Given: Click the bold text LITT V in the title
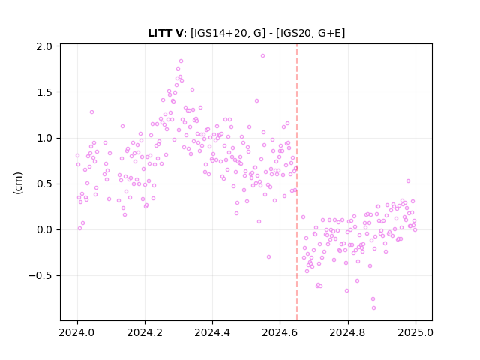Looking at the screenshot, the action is coord(165,33).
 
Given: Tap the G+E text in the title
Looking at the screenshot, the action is coord(329,33).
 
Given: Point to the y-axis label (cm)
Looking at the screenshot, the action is coord(18,183).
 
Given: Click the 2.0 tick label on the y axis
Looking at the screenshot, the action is coord(44,46).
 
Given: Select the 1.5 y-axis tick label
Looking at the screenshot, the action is coord(44,92).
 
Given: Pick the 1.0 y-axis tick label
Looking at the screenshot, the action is coord(44,138).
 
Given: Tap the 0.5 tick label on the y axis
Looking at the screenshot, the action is coord(44,184).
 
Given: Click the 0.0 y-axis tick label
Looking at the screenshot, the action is coord(44,230).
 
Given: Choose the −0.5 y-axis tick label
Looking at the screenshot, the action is coord(40,275).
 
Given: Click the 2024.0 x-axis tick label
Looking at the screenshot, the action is coord(77,332).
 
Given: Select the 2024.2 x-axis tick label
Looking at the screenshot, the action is coord(145,332).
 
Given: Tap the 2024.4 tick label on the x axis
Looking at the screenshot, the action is coord(212,332).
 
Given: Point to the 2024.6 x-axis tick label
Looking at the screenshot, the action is coord(280,332).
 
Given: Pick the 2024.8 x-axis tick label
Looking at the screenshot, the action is coord(348,332).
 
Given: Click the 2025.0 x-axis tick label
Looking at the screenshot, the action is coord(415,332).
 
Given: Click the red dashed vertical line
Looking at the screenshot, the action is coord(297,182).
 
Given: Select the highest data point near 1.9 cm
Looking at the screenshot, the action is coord(262,56).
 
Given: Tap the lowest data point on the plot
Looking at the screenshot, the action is coord(373,308).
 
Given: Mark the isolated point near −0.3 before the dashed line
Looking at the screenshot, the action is coord(268,256).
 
